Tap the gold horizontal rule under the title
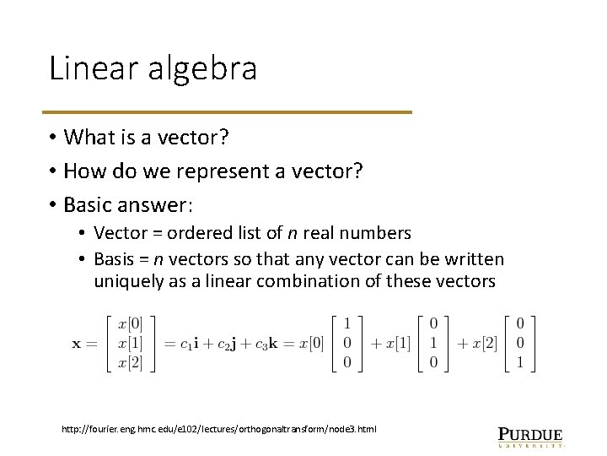pos(229,111)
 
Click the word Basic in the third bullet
pos(89,205)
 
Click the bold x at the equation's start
pos(78,344)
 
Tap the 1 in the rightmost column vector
pos(520,364)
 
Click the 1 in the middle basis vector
pos(433,344)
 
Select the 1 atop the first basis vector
pos(346,323)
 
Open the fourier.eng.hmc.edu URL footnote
pos(219,429)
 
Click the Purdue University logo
pos(530,435)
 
